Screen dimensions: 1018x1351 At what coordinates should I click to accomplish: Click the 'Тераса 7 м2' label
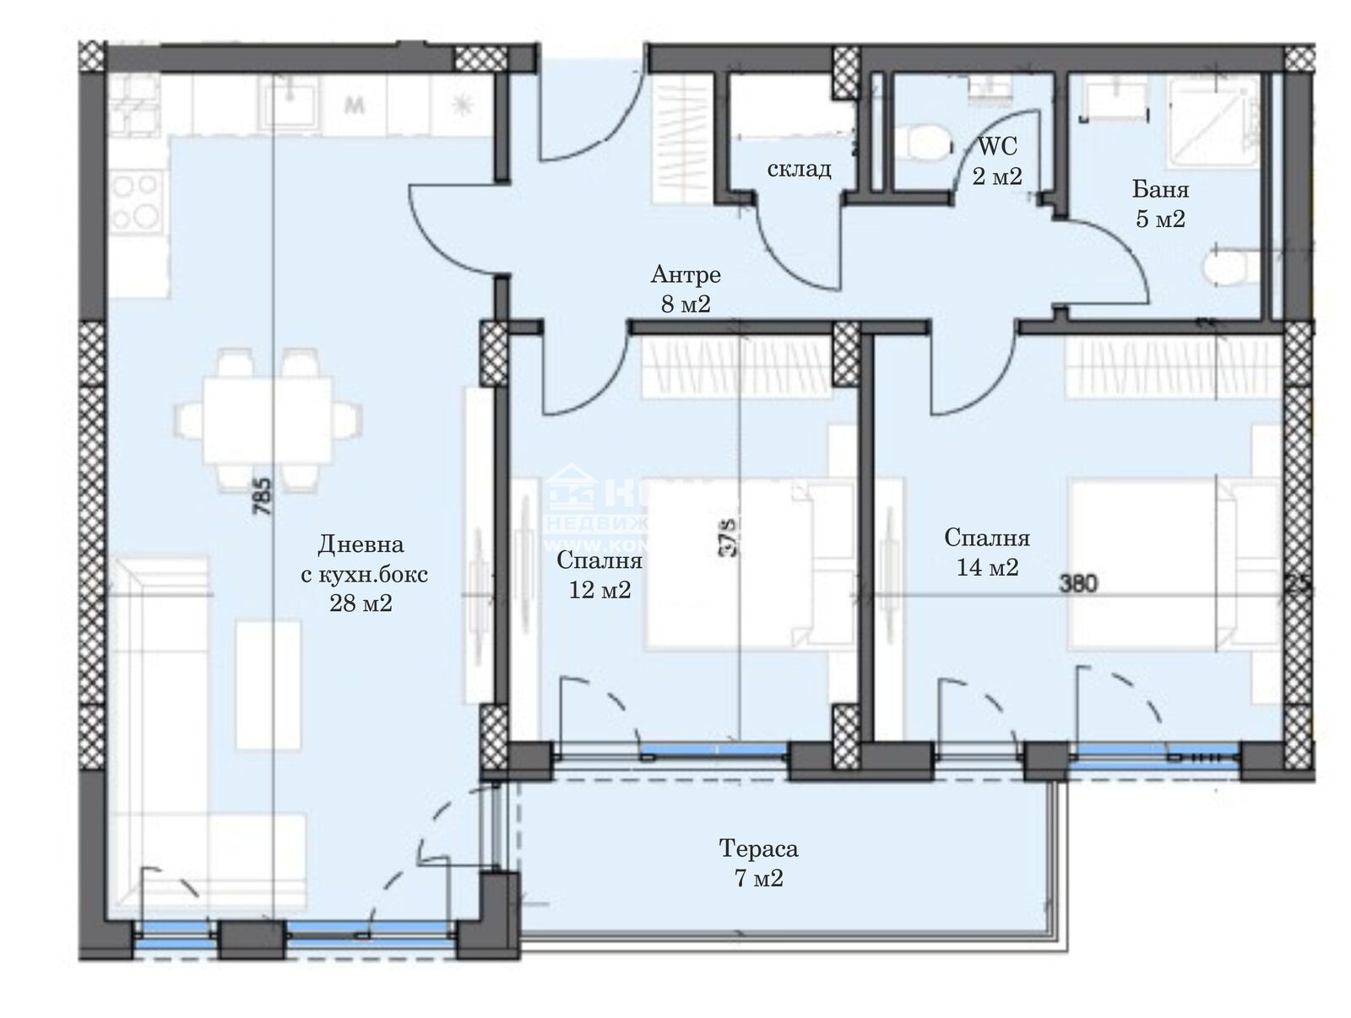point(757,863)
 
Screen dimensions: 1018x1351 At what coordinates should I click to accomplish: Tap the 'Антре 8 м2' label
point(686,289)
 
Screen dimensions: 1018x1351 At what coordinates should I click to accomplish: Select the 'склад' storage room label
point(798,169)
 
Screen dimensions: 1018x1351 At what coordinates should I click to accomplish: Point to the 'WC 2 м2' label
point(996,160)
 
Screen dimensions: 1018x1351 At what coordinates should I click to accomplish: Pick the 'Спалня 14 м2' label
point(986,552)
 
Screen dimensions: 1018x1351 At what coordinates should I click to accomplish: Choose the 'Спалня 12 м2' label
point(600,575)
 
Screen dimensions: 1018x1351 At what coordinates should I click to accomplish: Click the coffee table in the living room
point(269,684)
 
